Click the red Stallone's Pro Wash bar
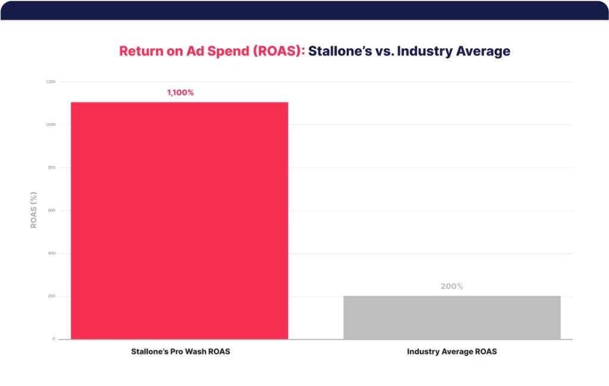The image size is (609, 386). (x=179, y=220)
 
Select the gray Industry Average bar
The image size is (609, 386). (x=451, y=317)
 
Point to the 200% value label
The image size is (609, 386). (x=451, y=286)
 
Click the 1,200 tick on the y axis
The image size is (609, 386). (x=51, y=81)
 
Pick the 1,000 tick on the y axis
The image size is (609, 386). (x=51, y=124)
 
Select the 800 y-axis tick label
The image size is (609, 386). (x=52, y=167)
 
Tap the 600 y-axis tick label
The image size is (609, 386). (x=52, y=211)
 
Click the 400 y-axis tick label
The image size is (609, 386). (x=52, y=253)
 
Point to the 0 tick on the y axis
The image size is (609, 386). (x=54, y=339)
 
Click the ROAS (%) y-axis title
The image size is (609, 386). (x=34, y=210)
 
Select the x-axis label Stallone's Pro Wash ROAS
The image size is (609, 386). (x=180, y=352)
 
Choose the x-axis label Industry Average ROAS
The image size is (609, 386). (x=451, y=352)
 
